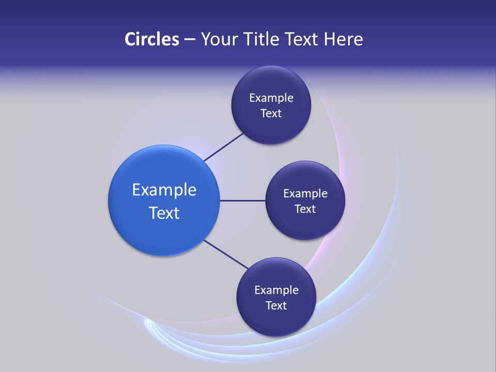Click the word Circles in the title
point(151,39)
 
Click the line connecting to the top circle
point(224,147)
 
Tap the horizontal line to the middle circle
point(242,200)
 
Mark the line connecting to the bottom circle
point(226,254)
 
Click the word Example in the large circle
point(164,190)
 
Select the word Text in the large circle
point(164,213)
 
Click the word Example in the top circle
point(271,98)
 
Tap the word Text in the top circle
point(271,114)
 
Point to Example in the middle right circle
point(305,194)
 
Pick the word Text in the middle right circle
point(305,209)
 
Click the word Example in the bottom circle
point(276,290)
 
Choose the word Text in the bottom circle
point(276,306)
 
